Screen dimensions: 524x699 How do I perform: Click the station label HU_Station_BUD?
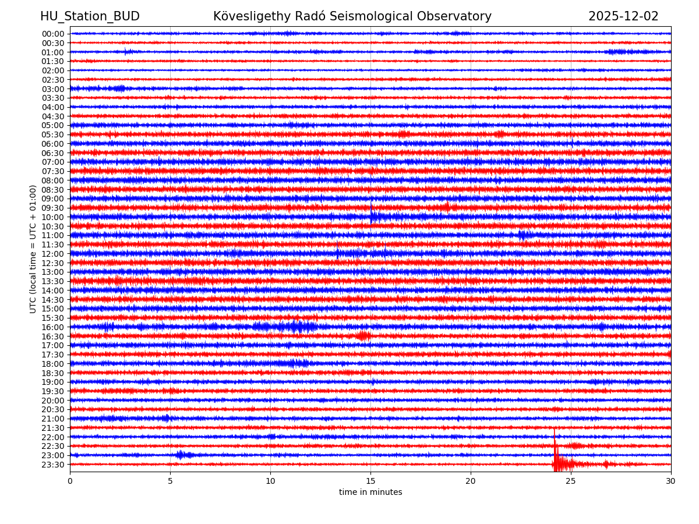90,16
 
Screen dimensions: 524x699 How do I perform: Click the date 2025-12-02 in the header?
623,16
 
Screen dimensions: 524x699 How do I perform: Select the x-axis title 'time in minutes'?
370,493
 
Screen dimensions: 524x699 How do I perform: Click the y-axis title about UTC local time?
33,249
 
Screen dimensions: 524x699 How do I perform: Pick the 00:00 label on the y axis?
53,34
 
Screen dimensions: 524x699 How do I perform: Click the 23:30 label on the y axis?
53,465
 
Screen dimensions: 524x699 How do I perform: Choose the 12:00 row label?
53,254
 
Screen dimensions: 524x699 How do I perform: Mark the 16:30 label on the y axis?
53,337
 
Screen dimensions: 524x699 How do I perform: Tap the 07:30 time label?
53,171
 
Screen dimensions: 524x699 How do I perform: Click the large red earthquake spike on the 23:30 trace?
556,460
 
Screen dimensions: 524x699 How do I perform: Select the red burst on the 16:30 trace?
363,336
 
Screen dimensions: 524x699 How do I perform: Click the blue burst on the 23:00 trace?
182,455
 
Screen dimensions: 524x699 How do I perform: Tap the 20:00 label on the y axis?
53,401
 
